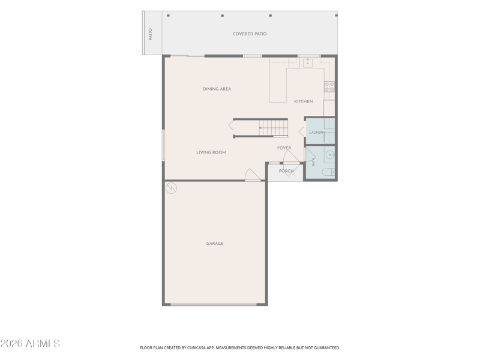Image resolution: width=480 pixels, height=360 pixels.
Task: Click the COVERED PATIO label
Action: (x=250, y=34)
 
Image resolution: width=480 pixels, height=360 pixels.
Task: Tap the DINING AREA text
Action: (x=217, y=89)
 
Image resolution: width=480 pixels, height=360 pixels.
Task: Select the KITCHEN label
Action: (x=304, y=101)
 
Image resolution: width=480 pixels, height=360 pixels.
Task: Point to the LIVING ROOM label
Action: (x=211, y=152)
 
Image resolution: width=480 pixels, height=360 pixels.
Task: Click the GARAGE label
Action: (x=215, y=244)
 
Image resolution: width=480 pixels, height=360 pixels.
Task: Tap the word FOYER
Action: (x=284, y=148)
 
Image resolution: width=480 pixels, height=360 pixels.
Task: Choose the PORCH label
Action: (x=286, y=171)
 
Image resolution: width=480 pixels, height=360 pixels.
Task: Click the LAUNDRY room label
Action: (x=317, y=133)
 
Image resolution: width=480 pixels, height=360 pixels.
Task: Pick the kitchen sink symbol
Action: (x=308, y=63)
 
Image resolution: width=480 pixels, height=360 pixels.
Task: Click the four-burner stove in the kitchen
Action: (x=329, y=86)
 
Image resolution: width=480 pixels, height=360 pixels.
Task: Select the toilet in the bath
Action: (x=328, y=172)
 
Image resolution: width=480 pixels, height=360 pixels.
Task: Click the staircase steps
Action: (x=274, y=128)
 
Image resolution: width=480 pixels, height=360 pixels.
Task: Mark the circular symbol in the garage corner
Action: (x=171, y=188)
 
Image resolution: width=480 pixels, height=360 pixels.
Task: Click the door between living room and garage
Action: (x=253, y=175)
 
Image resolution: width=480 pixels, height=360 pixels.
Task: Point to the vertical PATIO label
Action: (x=151, y=34)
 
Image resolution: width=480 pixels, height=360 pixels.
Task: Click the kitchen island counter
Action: (x=278, y=85)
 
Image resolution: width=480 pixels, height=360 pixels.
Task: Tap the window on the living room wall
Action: (x=163, y=145)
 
